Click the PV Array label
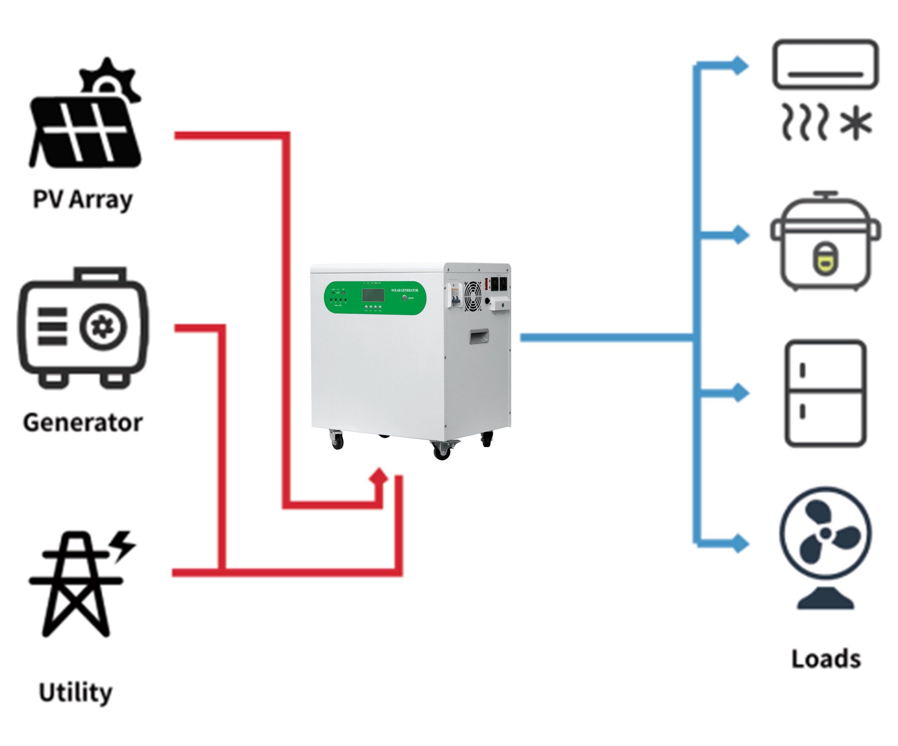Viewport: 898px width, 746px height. (83, 199)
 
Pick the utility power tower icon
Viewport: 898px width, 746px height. (77, 586)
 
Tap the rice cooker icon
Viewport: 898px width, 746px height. (825, 244)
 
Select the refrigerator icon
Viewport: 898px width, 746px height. (825, 393)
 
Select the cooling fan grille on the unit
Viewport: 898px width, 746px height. (473, 295)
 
